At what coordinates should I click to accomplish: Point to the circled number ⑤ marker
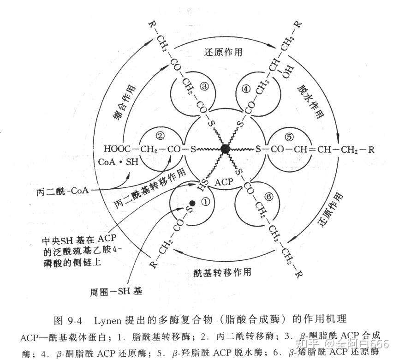pyautogui.click(x=289, y=137)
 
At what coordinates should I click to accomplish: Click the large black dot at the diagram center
pyautogui.click(x=225, y=149)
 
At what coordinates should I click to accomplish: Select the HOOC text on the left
pyautogui.click(x=116, y=149)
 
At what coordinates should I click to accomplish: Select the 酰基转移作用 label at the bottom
pyautogui.click(x=222, y=273)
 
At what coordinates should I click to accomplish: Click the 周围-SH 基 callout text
pyautogui.click(x=117, y=291)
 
